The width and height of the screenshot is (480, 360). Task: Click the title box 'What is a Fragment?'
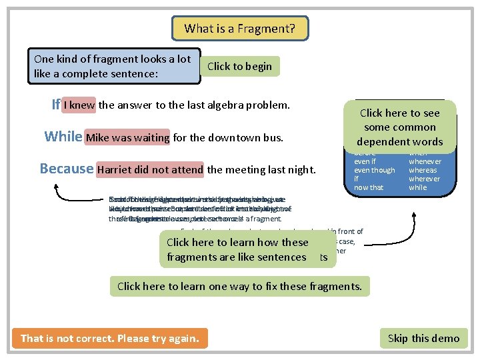pos(240,28)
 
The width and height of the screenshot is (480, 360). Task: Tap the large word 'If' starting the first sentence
pos(56,105)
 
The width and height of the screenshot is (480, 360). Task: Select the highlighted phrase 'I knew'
pos(80,105)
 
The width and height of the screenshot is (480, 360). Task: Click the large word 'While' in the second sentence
pos(63,137)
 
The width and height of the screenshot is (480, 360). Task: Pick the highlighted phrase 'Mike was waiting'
pos(128,138)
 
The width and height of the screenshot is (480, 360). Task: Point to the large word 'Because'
pos(67,169)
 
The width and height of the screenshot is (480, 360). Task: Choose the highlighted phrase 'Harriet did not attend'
pos(150,169)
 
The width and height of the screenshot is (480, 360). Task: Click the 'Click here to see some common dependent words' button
pos(399,127)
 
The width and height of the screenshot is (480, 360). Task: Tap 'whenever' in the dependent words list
pos(425,161)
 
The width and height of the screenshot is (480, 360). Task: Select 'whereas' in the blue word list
pos(423,170)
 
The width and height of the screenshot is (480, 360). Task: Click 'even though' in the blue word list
pos(374,170)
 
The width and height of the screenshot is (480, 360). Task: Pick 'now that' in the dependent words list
pos(368,187)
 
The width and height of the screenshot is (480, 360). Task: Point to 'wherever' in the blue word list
pos(424,179)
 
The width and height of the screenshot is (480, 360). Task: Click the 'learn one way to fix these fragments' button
pos(239,287)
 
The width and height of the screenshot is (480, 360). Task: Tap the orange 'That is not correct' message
pos(110,338)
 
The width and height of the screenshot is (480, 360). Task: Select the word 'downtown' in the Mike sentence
pos(221,138)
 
